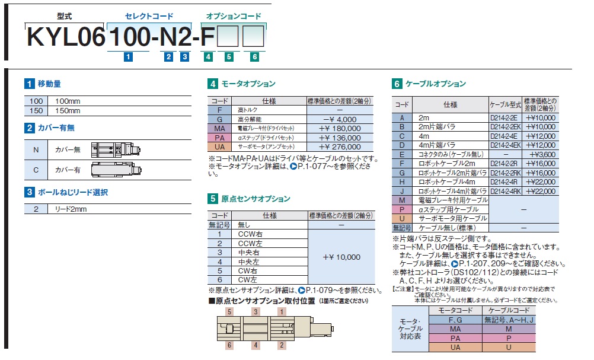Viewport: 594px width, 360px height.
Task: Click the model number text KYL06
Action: (66, 37)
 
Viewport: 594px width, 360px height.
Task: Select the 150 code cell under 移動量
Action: (36, 111)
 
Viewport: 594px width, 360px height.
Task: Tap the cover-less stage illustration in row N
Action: (116, 149)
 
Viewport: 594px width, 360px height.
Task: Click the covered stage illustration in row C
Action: (116, 170)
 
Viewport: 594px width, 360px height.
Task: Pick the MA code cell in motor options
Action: (219, 129)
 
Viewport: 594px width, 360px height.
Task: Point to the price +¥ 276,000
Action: (340, 146)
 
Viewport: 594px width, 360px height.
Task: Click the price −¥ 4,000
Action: (340, 119)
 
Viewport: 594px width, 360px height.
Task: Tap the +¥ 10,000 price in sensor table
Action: (341, 257)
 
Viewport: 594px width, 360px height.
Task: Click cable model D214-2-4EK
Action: (505, 145)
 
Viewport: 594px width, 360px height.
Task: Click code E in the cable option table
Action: (402, 154)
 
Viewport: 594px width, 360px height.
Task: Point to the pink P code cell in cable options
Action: (402, 209)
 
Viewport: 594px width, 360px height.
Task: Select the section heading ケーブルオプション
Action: (436, 84)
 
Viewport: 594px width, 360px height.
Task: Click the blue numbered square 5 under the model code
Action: (229, 57)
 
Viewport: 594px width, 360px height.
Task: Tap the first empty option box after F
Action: (228, 36)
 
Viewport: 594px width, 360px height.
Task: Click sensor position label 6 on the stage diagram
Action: (229, 345)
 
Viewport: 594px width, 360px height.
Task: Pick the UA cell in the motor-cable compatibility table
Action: (455, 347)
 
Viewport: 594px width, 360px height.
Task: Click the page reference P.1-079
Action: (319, 290)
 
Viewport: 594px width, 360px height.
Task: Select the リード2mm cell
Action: (71, 209)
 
